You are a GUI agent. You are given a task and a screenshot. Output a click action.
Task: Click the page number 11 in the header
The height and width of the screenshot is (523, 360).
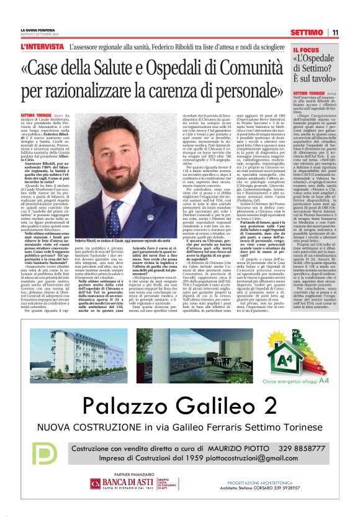pyautogui.click(x=335, y=32)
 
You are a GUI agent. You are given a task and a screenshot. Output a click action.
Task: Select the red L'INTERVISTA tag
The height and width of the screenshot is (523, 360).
pyautogui.click(x=41, y=47)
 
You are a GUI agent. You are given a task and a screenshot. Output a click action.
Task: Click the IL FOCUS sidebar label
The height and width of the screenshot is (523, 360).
pyautogui.click(x=306, y=50)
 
